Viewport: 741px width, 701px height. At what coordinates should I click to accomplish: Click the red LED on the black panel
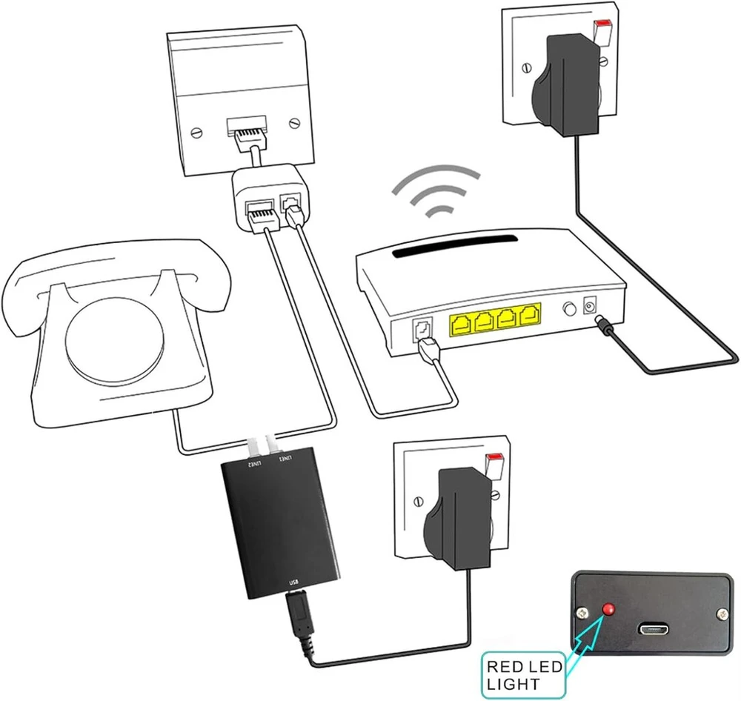pyautogui.click(x=608, y=609)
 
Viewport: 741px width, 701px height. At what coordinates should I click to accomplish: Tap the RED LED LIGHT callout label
pyautogui.click(x=524, y=675)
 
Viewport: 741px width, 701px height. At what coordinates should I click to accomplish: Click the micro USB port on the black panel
pyautogui.click(x=654, y=630)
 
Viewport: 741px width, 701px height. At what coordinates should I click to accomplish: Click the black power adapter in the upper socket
pyautogui.click(x=565, y=84)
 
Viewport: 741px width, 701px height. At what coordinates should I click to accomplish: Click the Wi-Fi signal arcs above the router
pyautogui.click(x=436, y=190)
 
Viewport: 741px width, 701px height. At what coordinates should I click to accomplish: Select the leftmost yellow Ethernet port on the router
pyautogui.click(x=461, y=325)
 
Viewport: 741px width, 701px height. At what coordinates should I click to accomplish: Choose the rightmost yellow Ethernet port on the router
pyautogui.click(x=530, y=315)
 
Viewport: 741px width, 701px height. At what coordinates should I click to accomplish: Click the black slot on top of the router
pyautogui.click(x=453, y=246)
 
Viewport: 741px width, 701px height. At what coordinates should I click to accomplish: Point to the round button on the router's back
pyautogui.click(x=570, y=309)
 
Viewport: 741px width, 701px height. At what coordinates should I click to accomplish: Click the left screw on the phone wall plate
pyautogui.click(x=196, y=133)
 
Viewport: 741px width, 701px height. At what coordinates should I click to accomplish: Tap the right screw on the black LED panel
pyautogui.click(x=722, y=614)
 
